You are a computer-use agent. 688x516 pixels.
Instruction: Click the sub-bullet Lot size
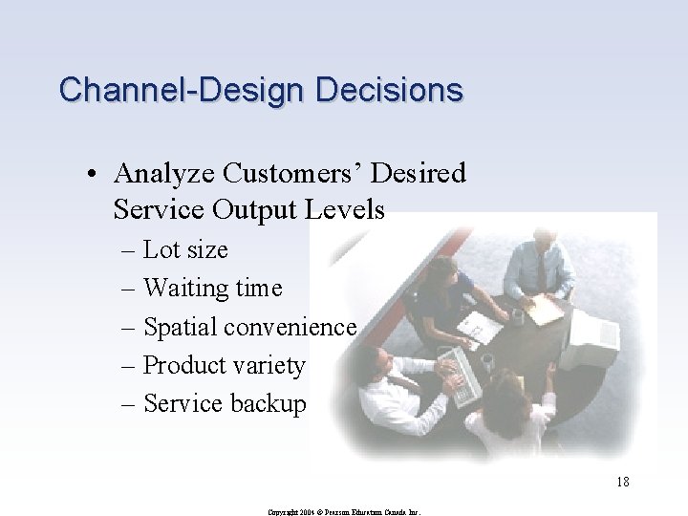coord(185,249)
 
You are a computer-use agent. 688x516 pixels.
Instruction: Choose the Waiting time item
coord(212,288)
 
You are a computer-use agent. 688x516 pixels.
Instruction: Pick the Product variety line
coord(224,365)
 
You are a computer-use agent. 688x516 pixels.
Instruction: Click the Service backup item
coord(225,403)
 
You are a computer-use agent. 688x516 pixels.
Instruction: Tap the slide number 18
coord(622,482)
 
